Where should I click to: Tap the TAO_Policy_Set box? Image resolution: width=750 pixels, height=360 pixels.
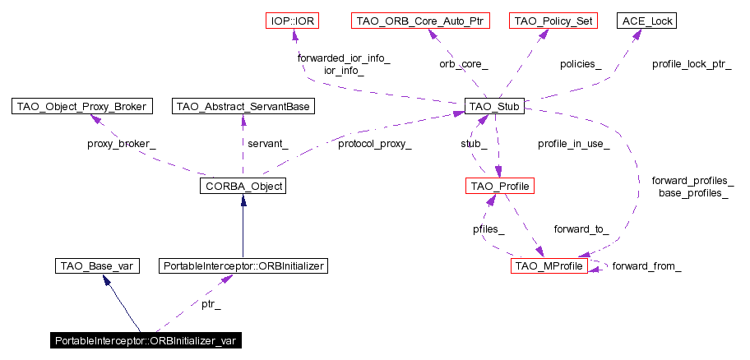[553, 20]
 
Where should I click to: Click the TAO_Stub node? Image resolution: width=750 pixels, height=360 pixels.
[494, 106]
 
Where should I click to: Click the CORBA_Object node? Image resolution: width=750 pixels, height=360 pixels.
[242, 187]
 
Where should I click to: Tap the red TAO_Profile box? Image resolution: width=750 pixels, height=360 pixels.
[499, 187]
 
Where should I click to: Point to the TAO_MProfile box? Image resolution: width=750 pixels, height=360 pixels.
[549, 266]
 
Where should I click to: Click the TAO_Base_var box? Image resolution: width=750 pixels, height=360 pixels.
[96, 266]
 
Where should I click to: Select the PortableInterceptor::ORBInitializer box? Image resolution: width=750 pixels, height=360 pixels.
[244, 266]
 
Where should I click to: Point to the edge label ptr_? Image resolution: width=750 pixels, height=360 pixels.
[211, 305]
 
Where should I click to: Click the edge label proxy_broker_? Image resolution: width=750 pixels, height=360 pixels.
[122, 145]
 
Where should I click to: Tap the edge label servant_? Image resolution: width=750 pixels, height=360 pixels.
[267, 145]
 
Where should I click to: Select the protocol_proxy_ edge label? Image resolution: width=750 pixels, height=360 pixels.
[374, 145]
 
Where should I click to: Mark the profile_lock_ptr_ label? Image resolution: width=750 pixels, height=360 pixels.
[692, 63]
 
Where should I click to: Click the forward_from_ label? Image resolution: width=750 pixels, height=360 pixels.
[646, 266]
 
